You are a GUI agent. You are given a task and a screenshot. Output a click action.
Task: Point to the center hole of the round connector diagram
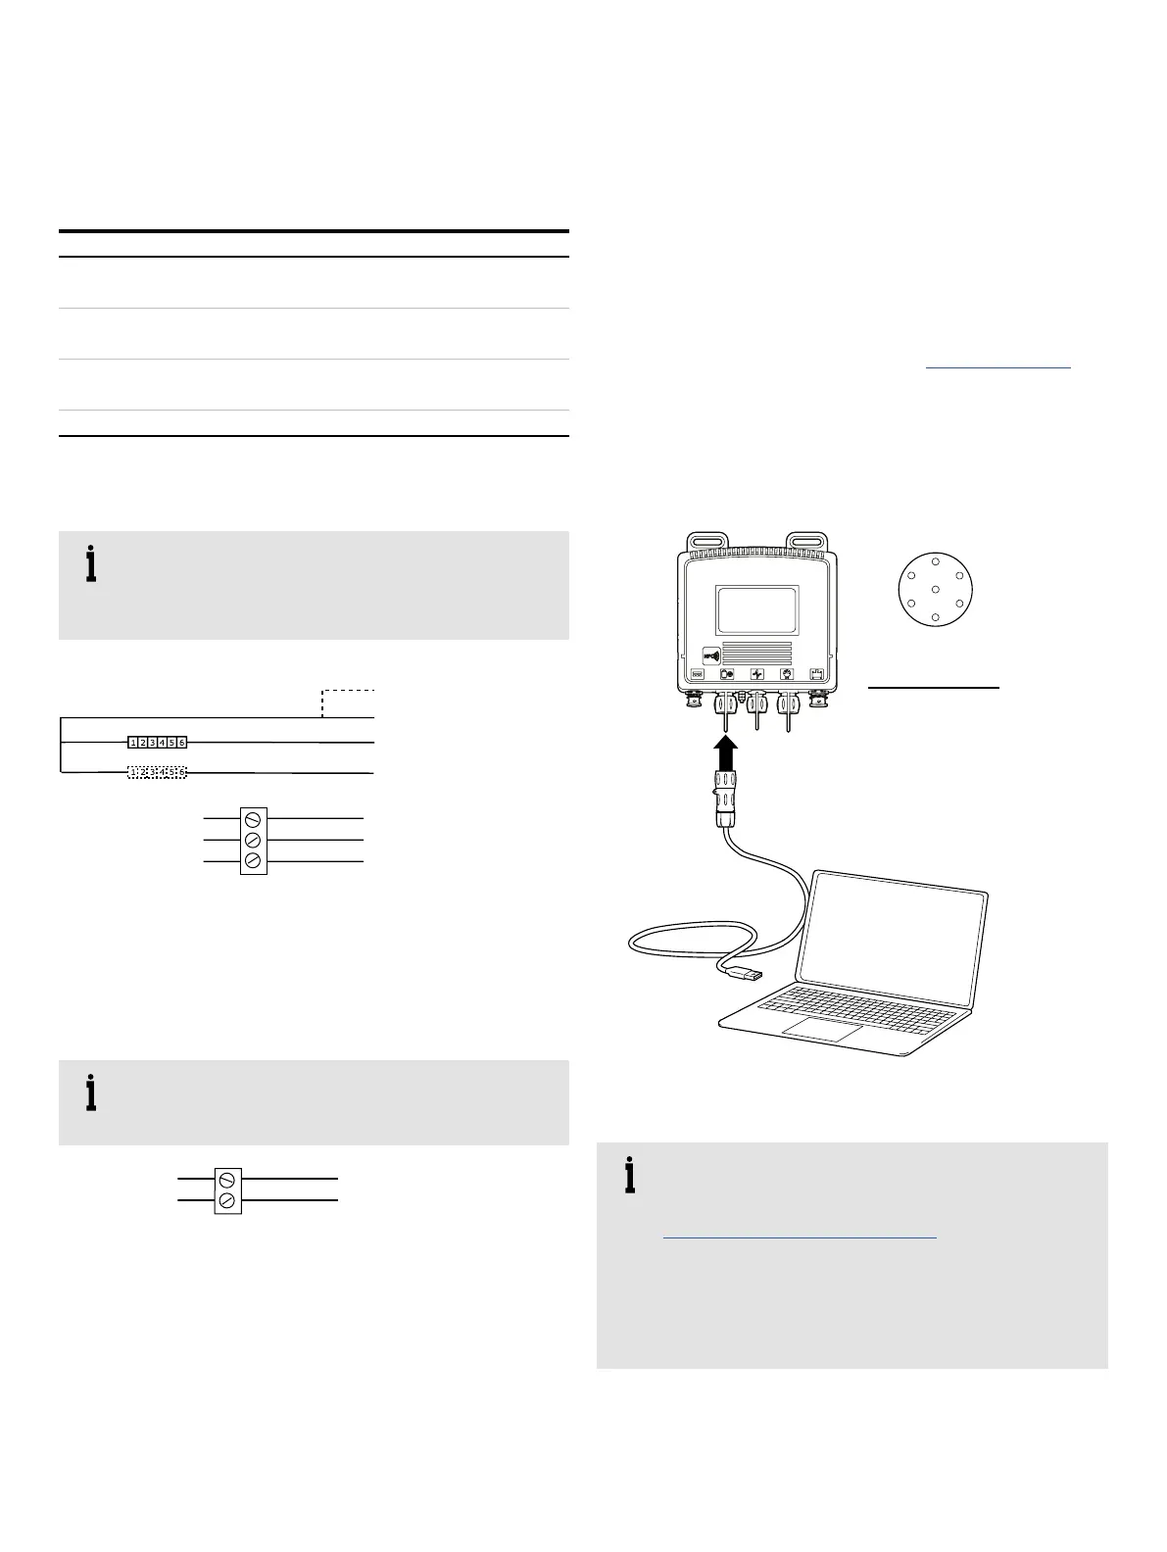click(x=936, y=589)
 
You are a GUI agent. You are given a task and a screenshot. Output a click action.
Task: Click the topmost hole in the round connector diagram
click(x=936, y=561)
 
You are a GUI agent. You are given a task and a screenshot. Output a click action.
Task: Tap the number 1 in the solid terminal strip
click(x=133, y=743)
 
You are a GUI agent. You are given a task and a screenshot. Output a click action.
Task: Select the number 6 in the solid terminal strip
click(x=182, y=743)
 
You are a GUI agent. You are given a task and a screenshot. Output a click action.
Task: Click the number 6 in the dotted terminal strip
click(x=182, y=772)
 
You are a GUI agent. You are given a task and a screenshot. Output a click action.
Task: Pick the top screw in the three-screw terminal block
click(x=254, y=817)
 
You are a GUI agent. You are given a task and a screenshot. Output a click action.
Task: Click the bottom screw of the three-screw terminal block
click(x=254, y=860)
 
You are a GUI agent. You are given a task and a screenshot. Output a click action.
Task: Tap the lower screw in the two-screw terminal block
click(x=227, y=1200)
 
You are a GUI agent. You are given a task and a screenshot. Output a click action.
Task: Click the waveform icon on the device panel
click(x=755, y=674)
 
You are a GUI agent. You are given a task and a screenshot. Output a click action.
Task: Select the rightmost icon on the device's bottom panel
click(x=814, y=674)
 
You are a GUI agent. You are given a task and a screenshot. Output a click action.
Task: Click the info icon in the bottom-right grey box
click(x=629, y=1177)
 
